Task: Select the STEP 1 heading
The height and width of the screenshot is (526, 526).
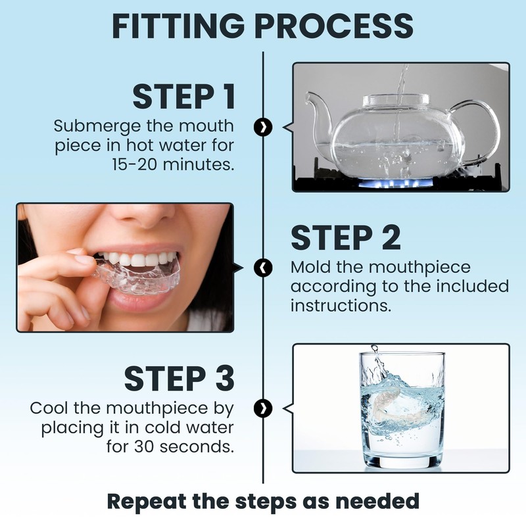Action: [183, 97]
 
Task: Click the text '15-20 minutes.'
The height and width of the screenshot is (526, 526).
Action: [172, 164]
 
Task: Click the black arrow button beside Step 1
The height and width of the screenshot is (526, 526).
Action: [263, 127]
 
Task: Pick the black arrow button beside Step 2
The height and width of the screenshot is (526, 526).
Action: [263, 268]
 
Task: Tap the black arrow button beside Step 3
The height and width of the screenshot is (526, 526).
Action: [263, 408]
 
